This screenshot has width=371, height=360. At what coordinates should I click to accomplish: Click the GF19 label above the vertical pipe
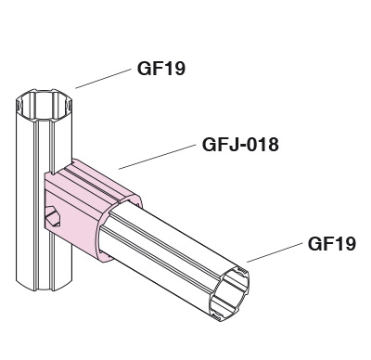point(161,69)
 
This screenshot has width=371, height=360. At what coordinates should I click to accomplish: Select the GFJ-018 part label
point(240,145)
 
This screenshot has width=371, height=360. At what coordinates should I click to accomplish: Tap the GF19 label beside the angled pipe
point(332,243)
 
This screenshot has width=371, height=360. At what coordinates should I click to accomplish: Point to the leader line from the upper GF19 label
point(103,79)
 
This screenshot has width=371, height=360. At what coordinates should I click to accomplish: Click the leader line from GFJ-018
point(158,157)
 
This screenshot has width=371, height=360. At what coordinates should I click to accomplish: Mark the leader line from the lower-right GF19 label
point(275,252)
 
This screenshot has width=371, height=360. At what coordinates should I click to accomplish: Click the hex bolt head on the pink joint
point(53,216)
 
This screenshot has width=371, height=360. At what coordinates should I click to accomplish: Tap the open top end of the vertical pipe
point(44,105)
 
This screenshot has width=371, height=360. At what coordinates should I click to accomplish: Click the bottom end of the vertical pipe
point(44,286)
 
